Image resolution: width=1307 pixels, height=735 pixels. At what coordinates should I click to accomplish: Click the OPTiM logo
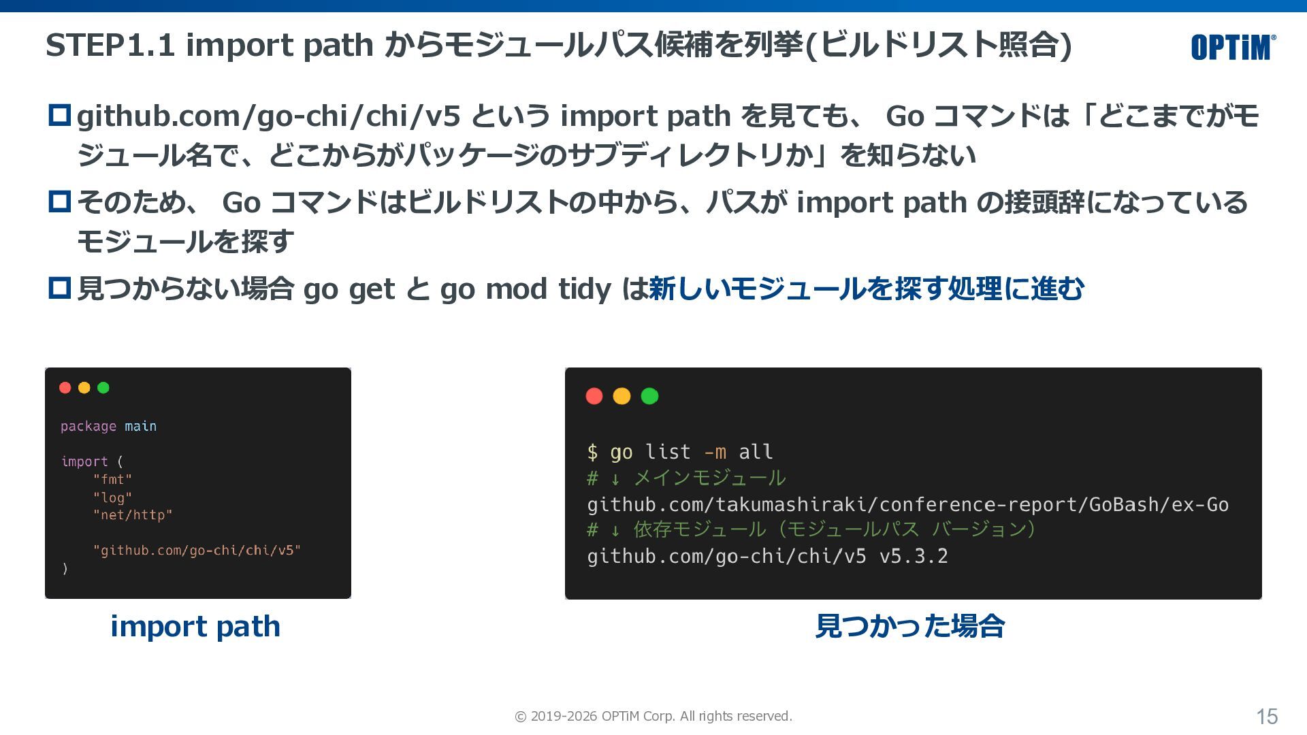pos(1233,47)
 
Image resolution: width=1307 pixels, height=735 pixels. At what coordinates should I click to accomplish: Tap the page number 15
pos(1267,717)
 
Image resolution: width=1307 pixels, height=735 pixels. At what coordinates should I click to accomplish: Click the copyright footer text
pos(653,716)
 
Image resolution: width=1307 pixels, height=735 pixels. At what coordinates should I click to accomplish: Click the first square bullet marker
pos(60,115)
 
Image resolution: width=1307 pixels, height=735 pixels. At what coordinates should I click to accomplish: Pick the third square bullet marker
pos(60,288)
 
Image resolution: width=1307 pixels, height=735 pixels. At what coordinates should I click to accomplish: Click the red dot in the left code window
pos(65,388)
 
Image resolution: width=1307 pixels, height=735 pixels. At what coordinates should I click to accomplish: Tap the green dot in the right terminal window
pos(650,396)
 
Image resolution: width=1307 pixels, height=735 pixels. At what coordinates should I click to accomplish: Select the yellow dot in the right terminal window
pos(622,396)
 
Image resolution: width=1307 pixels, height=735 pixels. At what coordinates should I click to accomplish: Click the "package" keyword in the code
pos(88,427)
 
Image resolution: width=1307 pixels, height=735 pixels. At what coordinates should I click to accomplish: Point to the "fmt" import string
pos(112,479)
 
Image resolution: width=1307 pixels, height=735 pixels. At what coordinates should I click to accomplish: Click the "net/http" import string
pos(133,515)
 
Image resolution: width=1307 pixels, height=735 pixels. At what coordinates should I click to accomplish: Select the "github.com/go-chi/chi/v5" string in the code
pos(197,550)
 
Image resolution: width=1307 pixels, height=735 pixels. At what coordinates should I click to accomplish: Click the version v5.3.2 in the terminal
pos(914,557)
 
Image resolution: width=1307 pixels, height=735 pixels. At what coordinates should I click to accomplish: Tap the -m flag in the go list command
pos(715,452)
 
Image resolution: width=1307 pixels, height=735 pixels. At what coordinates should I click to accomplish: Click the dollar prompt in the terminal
pos(593,452)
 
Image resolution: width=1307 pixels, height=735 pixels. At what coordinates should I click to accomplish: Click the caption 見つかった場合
pos(910,626)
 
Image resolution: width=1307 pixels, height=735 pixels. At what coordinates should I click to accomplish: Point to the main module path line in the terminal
pos(908,505)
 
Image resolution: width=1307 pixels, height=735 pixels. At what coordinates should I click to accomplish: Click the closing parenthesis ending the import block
pos(65,568)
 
